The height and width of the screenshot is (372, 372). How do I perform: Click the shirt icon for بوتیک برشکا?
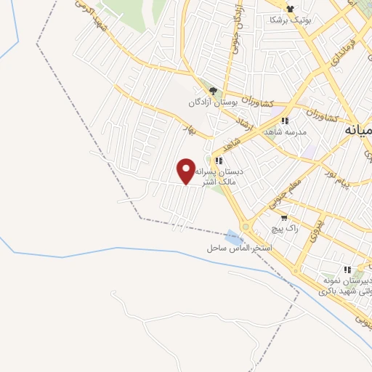pyautogui.click(x=291, y=9)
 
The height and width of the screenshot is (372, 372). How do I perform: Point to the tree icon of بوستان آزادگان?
pyautogui.click(x=212, y=91)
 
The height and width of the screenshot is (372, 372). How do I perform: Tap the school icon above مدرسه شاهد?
pyautogui.click(x=286, y=121)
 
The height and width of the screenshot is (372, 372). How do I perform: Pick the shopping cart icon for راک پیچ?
pyautogui.click(x=284, y=217)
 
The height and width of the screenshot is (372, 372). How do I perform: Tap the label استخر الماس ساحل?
pyautogui.click(x=238, y=248)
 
